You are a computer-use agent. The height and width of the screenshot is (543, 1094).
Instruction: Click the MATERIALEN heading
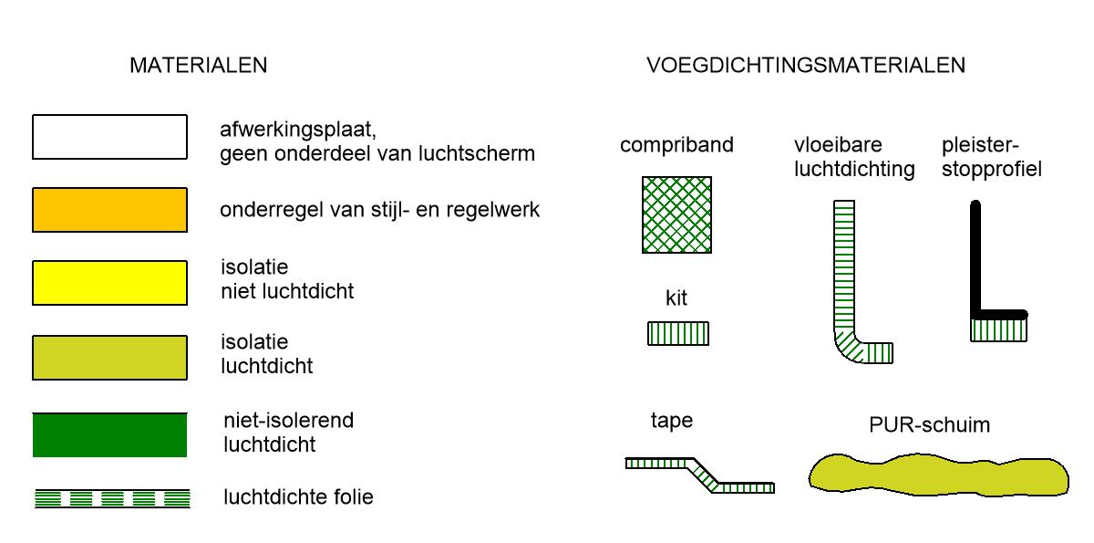point(198,66)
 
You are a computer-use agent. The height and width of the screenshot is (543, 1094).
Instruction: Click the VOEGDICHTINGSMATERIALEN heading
point(806,66)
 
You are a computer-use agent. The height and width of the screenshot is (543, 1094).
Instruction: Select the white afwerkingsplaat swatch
point(109,137)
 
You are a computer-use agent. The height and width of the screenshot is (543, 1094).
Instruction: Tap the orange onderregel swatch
point(109,210)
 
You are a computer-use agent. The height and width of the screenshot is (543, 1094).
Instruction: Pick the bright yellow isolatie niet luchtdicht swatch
point(109,283)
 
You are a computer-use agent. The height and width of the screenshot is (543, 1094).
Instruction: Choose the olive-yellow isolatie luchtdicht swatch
point(109,358)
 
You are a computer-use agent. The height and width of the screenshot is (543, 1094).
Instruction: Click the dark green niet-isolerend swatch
point(109,434)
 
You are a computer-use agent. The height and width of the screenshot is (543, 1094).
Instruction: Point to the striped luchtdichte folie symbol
point(112,498)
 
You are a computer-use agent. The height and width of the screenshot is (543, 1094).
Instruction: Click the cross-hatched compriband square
point(676,214)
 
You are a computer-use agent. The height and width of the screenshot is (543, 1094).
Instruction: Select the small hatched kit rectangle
point(677,333)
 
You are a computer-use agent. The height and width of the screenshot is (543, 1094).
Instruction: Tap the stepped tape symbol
point(700,474)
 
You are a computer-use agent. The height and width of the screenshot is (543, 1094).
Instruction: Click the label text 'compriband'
point(676,145)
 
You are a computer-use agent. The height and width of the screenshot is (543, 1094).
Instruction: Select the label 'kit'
point(676,298)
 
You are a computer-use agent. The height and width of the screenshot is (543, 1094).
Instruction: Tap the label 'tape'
point(671,421)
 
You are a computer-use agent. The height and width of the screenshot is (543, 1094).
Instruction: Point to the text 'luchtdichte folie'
point(298,498)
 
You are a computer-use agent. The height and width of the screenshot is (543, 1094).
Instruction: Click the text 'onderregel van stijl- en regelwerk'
point(379,210)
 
